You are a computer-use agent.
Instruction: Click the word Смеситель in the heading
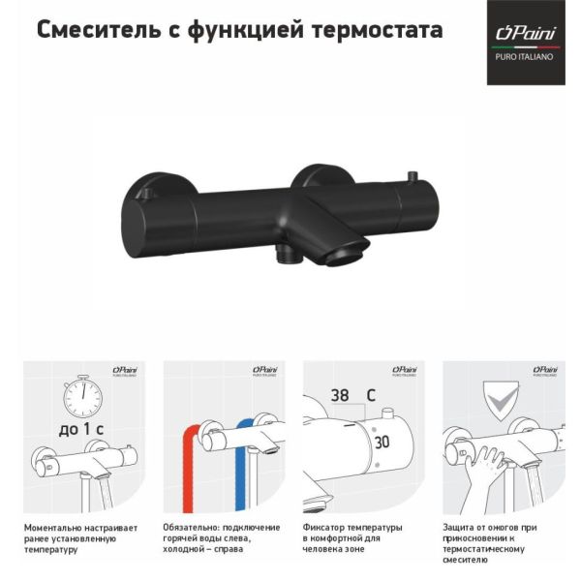(x=99, y=30)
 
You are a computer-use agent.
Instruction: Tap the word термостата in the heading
(x=378, y=31)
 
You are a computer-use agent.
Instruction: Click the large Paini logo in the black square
(x=526, y=33)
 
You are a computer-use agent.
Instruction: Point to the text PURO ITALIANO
(x=524, y=57)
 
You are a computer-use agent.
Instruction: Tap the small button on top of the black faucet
(x=413, y=176)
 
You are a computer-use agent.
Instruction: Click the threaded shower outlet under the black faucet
(x=287, y=254)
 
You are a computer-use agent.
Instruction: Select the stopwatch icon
(x=82, y=396)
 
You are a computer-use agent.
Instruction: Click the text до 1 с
(x=81, y=429)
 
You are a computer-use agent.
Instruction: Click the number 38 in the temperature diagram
(x=340, y=395)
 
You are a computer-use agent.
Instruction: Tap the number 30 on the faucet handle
(x=382, y=443)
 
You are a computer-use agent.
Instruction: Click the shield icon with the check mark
(x=501, y=401)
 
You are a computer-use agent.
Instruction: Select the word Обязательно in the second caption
(x=192, y=528)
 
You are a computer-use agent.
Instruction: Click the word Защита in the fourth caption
(x=458, y=528)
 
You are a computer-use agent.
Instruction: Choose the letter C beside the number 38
(x=371, y=395)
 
